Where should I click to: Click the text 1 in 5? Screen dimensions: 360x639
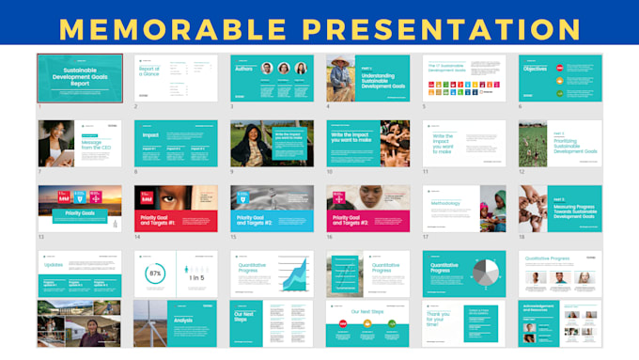196,279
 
